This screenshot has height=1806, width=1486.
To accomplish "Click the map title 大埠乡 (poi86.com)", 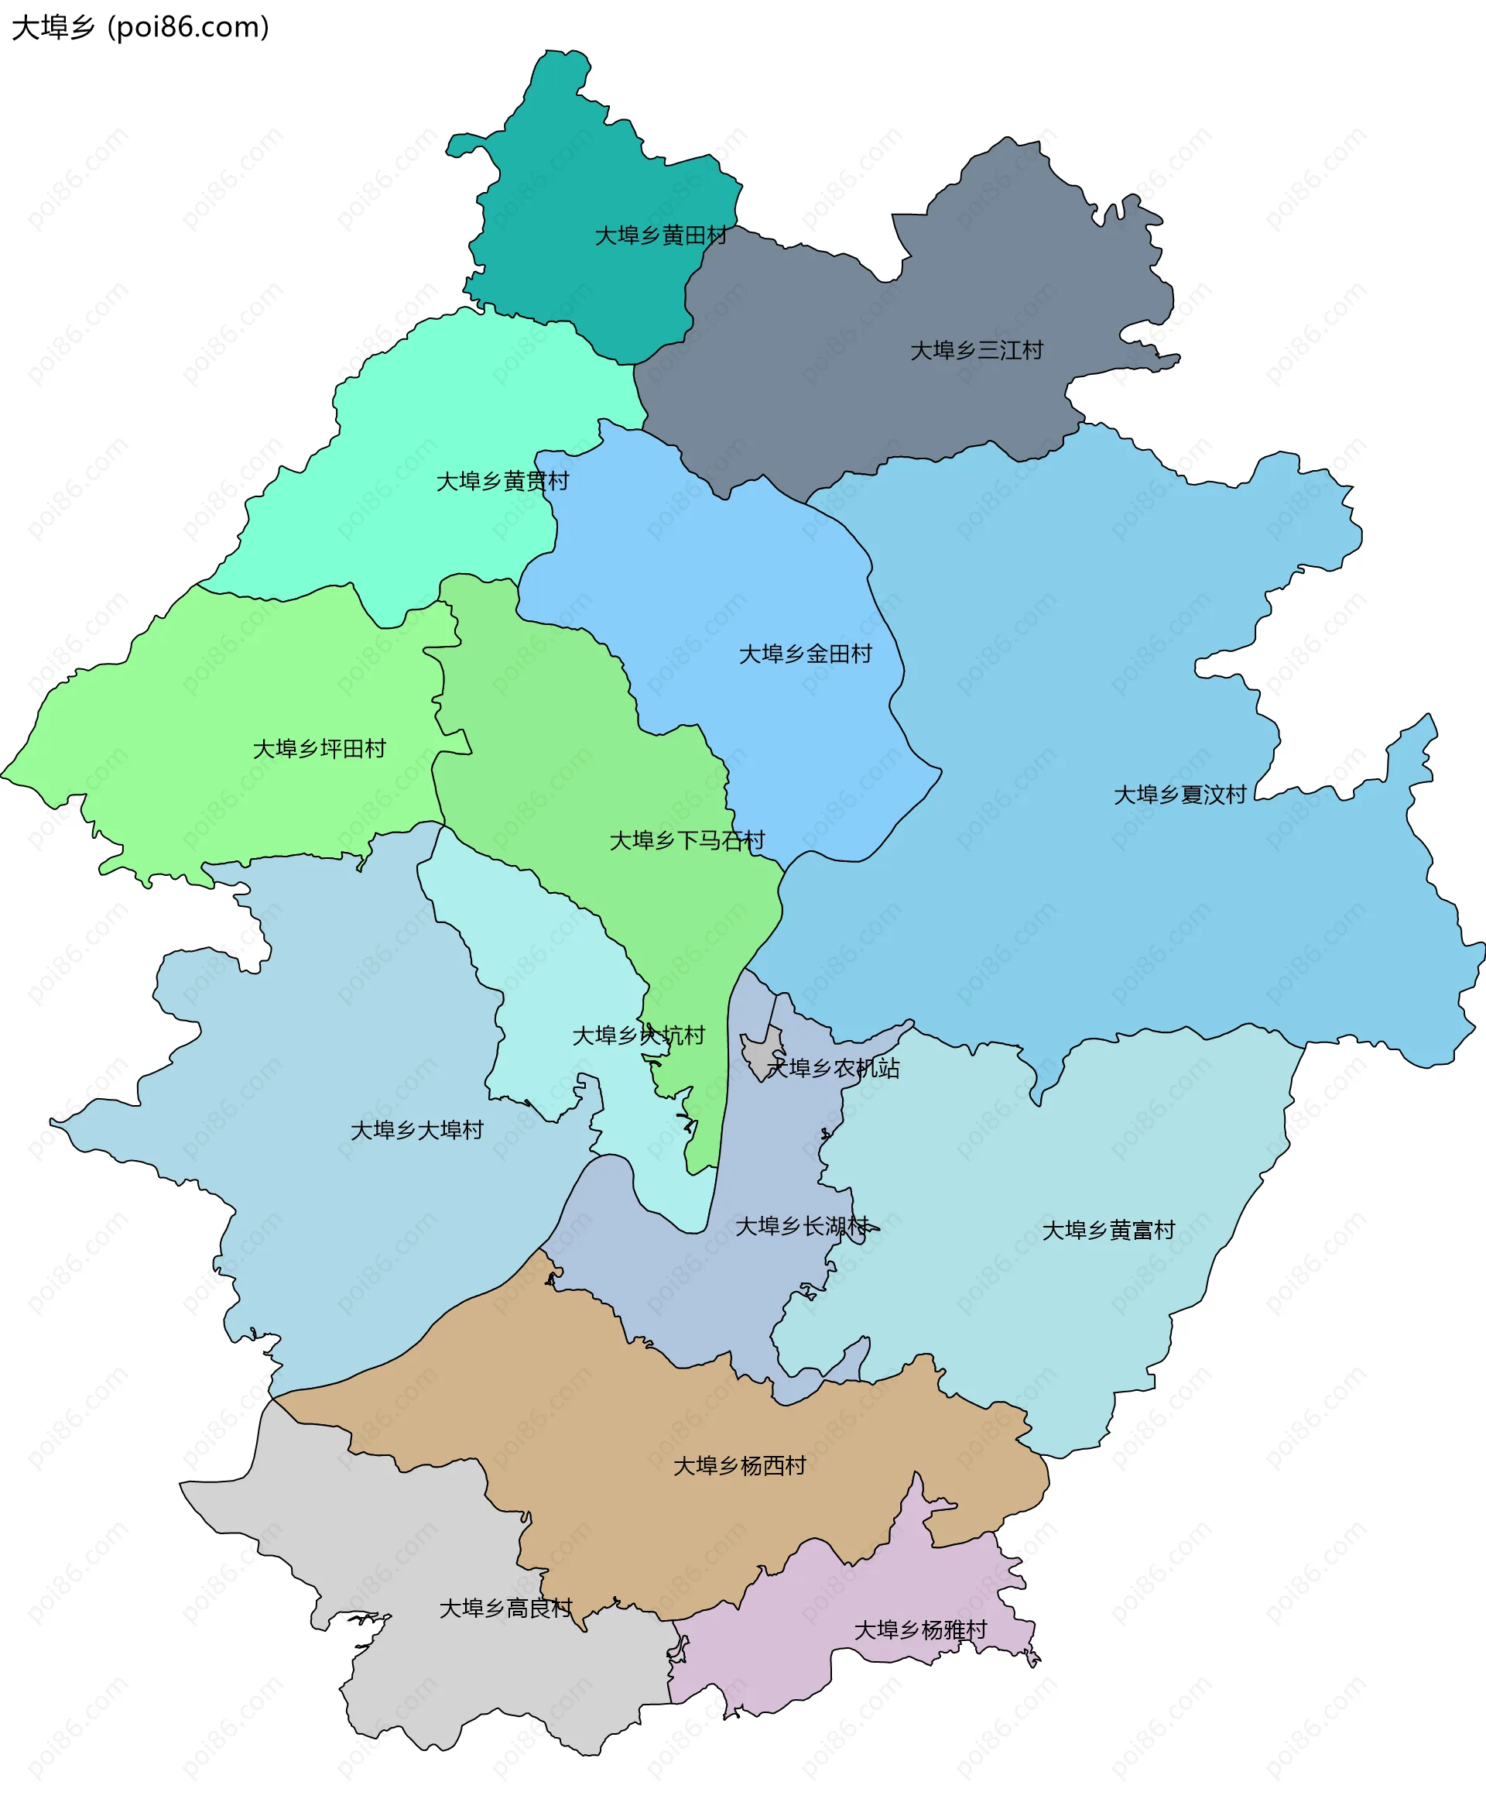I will click(140, 27).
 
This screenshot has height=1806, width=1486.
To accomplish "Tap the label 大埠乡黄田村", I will click(660, 235).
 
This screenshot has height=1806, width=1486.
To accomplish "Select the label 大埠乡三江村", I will click(976, 350).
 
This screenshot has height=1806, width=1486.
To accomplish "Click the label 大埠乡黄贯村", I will click(502, 481).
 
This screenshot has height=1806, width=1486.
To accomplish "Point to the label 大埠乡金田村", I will click(805, 654).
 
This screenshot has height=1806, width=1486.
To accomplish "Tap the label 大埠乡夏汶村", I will click(1179, 795).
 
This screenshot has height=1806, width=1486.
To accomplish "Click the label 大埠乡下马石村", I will click(687, 841).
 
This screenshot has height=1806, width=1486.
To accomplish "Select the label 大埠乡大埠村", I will click(417, 1131).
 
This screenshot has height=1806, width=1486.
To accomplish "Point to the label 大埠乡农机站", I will click(833, 1068).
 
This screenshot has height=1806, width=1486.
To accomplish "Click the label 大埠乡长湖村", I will click(802, 1226).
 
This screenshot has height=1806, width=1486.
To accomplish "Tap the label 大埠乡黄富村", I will click(1108, 1231).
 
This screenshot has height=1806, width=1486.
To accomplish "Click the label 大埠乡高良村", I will click(505, 1609).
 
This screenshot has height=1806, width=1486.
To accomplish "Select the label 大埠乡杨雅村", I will click(920, 1629).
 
